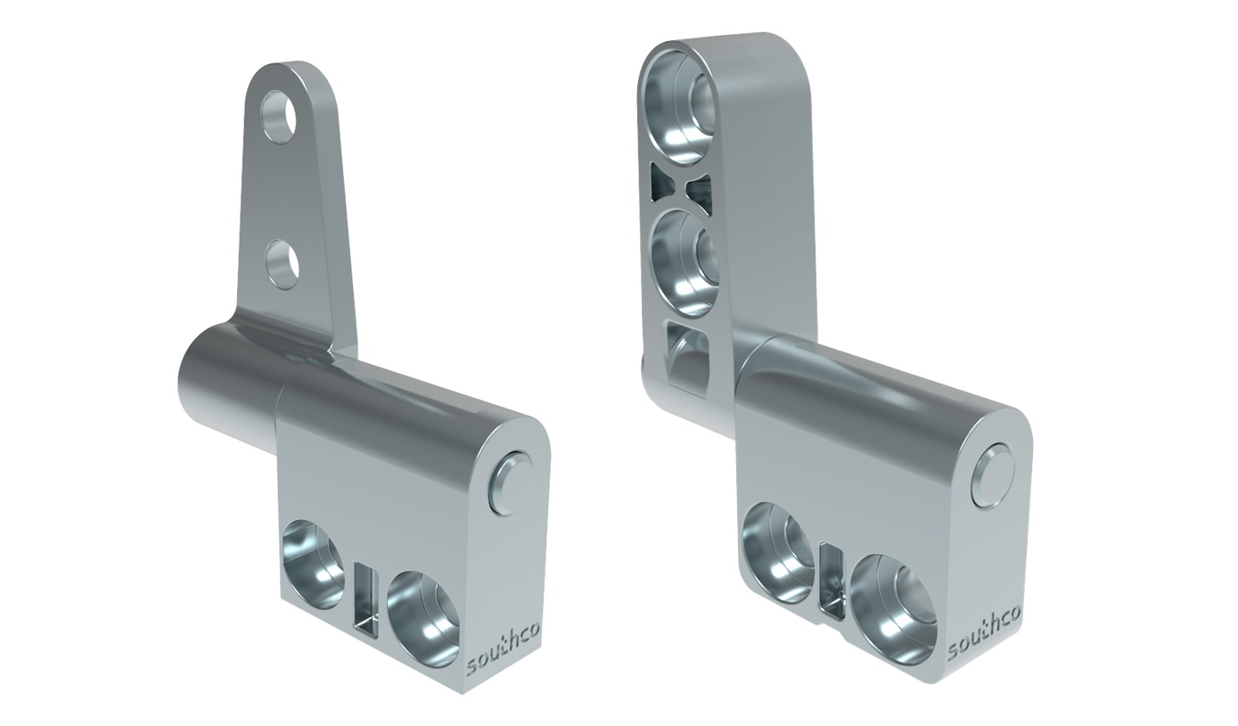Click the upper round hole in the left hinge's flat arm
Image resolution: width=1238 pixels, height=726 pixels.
click(x=281, y=116)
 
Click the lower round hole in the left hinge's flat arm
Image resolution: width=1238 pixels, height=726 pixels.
click(x=282, y=264)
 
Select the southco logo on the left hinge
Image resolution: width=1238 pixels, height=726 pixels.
click(x=503, y=649)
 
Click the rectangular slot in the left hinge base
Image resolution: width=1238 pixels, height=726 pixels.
click(x=365, y=599)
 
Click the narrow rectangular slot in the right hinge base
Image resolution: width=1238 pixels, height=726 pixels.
click(x=830, y=580)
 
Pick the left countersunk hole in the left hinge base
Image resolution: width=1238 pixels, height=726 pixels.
click(x=313, y=564)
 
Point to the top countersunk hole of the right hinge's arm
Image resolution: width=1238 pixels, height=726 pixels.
click(x=682, y=102)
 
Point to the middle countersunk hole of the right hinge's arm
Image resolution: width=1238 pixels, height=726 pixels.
click(x=684, y=261)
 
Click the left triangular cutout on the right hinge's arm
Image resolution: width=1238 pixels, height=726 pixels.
click(x=663, y=183)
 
